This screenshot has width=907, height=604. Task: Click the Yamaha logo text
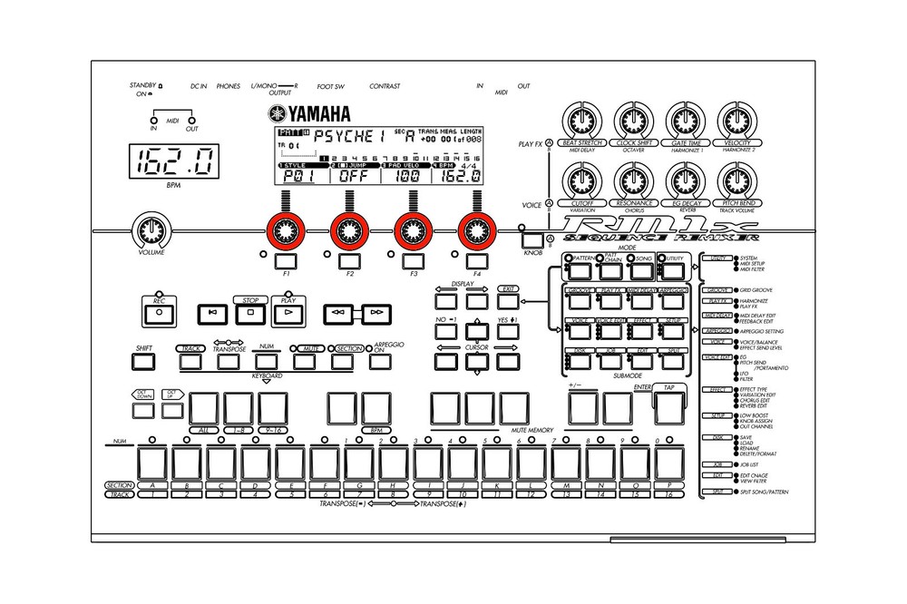[308, 113]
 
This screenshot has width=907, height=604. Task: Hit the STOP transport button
[249, 313]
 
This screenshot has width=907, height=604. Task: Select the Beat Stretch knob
[583, 120]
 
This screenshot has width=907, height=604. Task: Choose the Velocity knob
[737, 120]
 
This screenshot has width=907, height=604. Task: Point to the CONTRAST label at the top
[385, 86]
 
